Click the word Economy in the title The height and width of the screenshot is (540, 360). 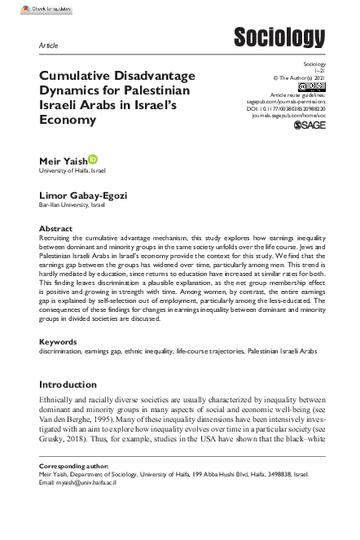tap(68, 119)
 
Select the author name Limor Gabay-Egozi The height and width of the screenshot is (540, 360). tap(83, 198)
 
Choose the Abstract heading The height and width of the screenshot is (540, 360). tap(56, 229)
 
